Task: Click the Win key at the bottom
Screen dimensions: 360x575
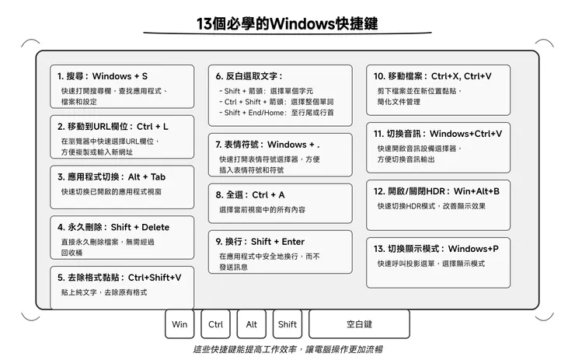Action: [179, 324]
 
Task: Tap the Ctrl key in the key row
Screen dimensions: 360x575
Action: [216, 324]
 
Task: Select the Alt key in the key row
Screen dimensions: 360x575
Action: [252, 324]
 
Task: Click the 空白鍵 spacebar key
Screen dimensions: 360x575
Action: [359, 324]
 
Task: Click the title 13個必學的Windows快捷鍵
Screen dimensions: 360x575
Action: [287, 23]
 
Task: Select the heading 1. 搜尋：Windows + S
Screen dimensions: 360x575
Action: [103, 76]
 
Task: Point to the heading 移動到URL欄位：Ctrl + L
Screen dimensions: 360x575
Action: [113, 126]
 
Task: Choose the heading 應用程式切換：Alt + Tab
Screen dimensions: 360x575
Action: [111, 177]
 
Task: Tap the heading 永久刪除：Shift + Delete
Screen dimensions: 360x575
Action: [113, 227]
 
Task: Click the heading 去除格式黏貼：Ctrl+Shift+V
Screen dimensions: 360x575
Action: [120, 277]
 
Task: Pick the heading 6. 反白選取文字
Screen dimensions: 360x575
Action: [249, 76]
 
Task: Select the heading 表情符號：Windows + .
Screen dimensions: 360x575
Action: [268, 144]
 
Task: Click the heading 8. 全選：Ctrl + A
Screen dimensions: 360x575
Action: [250, 194]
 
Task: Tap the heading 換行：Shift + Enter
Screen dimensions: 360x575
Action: [260, 241]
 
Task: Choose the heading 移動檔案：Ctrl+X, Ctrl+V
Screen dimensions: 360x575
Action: [432, 76]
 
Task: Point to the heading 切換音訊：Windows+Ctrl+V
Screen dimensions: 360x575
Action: [437, 134]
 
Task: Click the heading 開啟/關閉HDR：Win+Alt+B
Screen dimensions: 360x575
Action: [437, 191]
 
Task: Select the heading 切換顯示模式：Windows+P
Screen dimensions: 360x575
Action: [436, 249]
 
